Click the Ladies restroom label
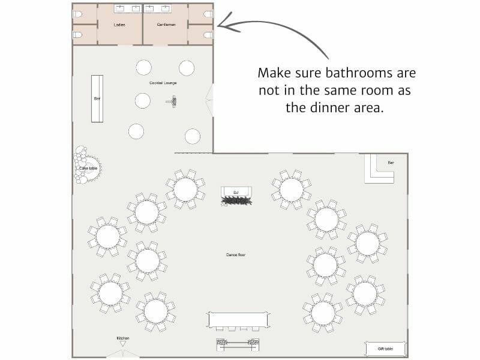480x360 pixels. pos(119,25)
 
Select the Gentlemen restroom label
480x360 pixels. pos(166,25)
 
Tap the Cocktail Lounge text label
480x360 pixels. pos(163,83)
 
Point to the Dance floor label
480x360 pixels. pos(235,255)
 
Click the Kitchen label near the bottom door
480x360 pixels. pos(122,338)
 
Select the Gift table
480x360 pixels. pos(385,349)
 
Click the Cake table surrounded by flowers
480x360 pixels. pos(88,168)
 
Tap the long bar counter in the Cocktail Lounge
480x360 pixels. pos(97,98)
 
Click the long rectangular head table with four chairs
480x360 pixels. pos(238,320)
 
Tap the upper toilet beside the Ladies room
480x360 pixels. pos(77,14)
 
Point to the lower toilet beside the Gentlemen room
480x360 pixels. pos(208,35)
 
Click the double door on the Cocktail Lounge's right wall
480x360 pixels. pos(209,100)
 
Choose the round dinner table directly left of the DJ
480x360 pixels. pos(185,189)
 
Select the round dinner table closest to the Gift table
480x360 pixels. pos(365,294)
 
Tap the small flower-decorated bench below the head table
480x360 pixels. pos(238,344)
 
